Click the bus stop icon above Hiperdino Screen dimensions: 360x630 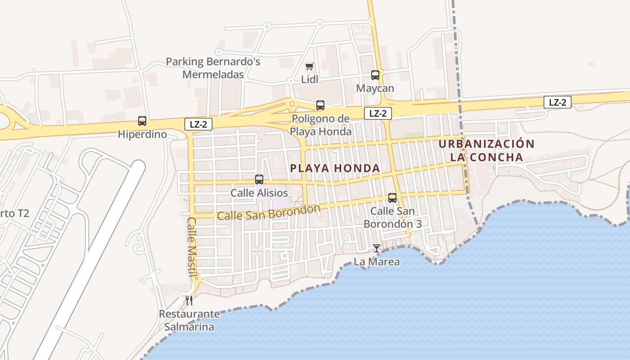click(142, 121)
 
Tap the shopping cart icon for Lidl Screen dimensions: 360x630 click(309, 67)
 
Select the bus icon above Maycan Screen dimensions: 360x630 click(375, 75)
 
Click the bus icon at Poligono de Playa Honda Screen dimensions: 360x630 click(320, 105)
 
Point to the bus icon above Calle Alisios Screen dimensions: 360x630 click(259, 180)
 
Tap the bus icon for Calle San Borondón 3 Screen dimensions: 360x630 click(392, 198)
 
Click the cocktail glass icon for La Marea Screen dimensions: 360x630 click(376, 248)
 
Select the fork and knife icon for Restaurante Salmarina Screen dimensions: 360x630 click(189, 300)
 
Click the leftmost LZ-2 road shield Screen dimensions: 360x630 click(198, 124)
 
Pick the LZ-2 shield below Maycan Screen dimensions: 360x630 click(378, 113)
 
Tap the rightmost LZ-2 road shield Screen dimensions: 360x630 click(557, 102)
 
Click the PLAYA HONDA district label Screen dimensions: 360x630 click(335, 168)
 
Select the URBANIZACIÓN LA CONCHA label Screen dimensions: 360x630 click(486, 151)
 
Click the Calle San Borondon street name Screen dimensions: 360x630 click(268, 212)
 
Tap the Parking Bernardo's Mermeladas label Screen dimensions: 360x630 click(213, 68)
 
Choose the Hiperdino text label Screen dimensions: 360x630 click(142, 134)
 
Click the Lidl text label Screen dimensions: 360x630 click(309, 80)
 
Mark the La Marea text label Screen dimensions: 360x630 click(377, 261)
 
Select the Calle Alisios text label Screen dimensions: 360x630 click(259, 193)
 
